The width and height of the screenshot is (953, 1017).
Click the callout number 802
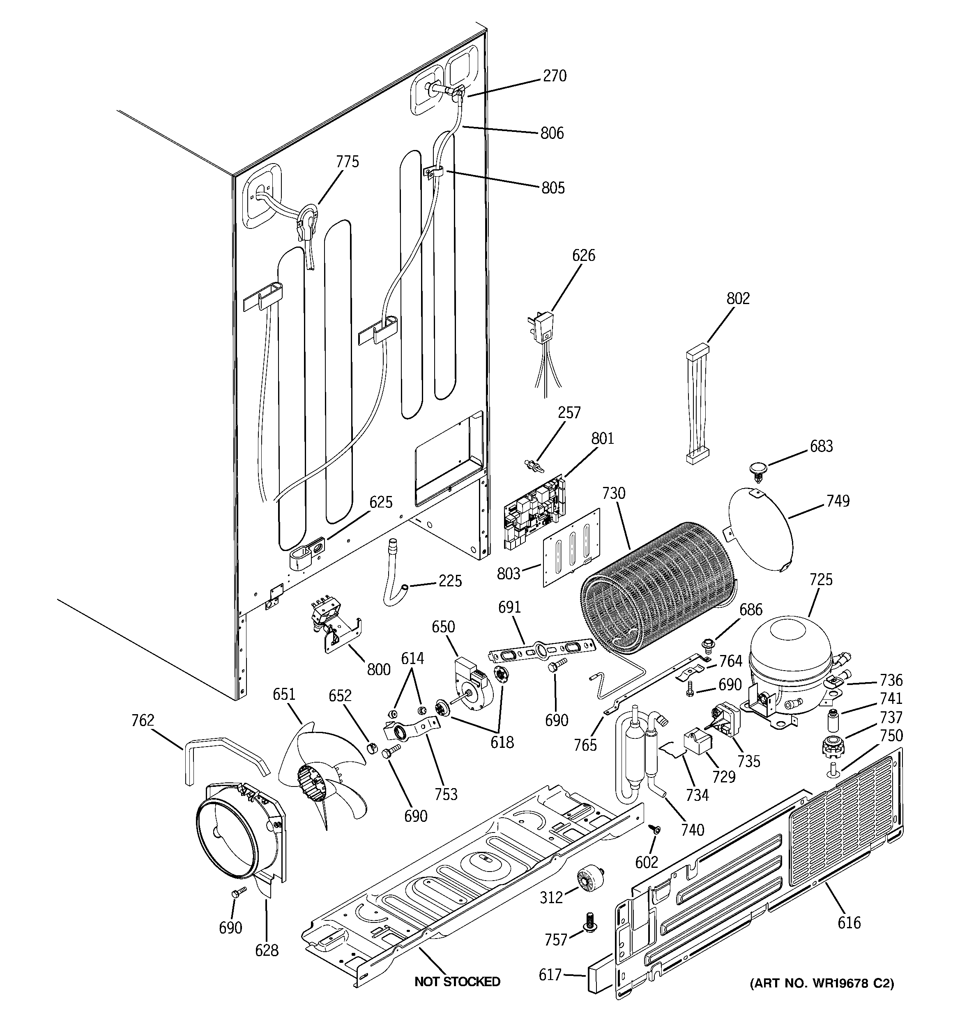point(738,298)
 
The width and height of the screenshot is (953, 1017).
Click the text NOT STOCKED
point(457,982)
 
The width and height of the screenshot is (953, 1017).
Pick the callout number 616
point(849,923)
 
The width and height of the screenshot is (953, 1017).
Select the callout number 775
point(348,161)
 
